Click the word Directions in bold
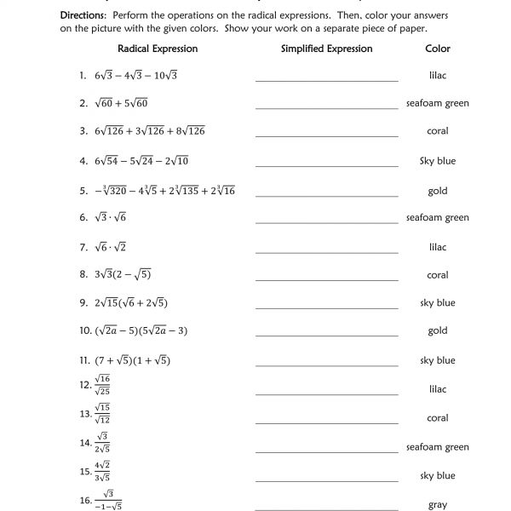(x=86, y=16)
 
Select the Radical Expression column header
(x=158, y=49)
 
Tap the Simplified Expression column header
(x=326, y=49)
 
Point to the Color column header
(x=438, y=49)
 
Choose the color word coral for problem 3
(x=438, y=131)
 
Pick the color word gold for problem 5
(x=438, y=191)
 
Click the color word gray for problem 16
(x=438, y=505)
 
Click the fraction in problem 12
(x=103, y=388)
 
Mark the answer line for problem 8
(x=326, y=278)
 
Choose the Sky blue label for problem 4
(x=438, y=161)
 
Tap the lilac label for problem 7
(x=438, y=247)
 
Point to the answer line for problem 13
(x=326, y=422)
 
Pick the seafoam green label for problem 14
(x=438, y=447)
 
